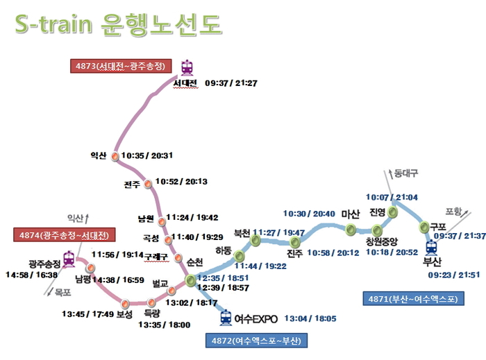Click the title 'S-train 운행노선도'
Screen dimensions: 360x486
pyautogui.click(x=118, y=24)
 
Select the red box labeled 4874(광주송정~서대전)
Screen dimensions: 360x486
pyautogui.click(x=64, y=235)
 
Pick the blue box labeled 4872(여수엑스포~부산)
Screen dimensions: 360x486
pyautogui.click(x=256, y=341)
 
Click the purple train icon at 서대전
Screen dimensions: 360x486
pyautogui.click(x=187, y=67)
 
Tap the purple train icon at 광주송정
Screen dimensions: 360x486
pyautogui.click(x=69, y=259)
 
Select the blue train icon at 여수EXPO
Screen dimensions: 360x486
pyautogui.click(x=226, y=318)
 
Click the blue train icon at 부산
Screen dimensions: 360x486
pyautogui.click(x=431, y=246)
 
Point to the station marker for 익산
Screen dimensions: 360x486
pyautogui.click(x=115, y=156)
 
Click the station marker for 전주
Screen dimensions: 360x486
pyautogui.click(x=148, y=184)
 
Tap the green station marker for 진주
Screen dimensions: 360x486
pyautogui.click(x=296, y=241)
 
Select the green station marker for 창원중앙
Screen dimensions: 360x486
pyautogui.click(x=377, y=230)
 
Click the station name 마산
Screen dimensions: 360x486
pyautogui.click(x=351, y=214)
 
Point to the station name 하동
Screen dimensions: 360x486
pyautogui.click(x=224, y=250)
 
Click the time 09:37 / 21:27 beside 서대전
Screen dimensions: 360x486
pyautogui.click(x=232, y=83)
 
